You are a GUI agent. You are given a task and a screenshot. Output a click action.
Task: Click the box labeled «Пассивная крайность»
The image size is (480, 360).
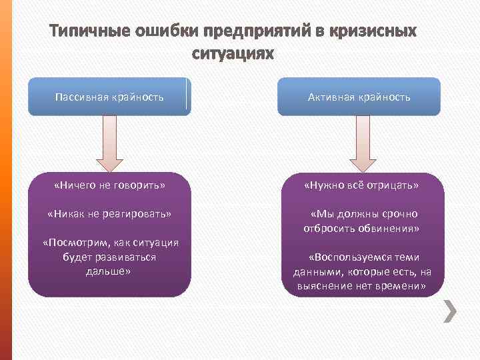[109, 97]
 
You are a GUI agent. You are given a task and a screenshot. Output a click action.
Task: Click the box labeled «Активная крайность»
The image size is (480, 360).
[359, 97]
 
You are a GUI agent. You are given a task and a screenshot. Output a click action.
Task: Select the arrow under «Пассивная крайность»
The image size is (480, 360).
[109, 143]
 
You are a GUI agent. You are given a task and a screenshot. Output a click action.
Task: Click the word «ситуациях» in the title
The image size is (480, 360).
[233, 53]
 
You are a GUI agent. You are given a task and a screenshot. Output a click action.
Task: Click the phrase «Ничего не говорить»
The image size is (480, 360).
[109, 185]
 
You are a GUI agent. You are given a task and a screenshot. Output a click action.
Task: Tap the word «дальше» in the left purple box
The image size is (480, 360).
[109, 271]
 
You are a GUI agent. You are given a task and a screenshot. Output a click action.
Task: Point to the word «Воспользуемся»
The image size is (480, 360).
[351, 257]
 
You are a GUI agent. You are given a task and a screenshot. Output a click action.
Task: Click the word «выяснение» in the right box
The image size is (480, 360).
[323, 286]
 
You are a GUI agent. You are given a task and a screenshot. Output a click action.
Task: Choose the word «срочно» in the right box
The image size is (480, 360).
[400, 214]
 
